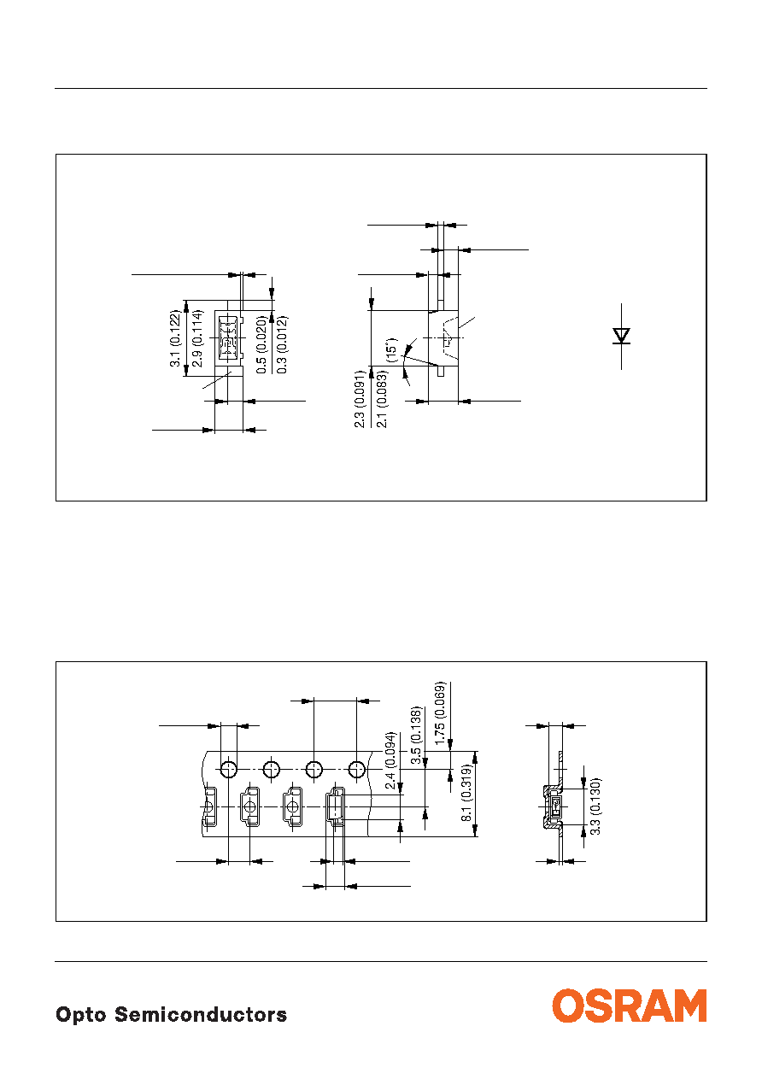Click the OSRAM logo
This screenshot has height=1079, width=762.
629,1006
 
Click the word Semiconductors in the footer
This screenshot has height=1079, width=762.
201,1014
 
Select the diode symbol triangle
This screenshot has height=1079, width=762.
621,336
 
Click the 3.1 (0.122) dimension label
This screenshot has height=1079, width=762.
175,338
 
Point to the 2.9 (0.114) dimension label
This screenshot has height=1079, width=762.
197,338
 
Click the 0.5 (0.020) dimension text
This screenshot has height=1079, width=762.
261,344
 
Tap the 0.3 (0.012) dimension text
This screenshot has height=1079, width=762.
282,344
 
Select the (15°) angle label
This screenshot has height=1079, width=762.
391,349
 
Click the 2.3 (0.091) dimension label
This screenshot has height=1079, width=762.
360,399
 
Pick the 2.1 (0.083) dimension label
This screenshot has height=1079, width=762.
382,399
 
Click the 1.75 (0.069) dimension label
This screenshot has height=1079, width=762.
440,712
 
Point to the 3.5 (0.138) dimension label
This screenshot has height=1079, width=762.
416,735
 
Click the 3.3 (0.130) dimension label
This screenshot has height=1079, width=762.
595,806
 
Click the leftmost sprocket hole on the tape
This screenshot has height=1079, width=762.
229,769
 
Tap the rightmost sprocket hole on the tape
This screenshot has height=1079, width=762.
357,769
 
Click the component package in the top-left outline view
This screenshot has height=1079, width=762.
229,337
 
